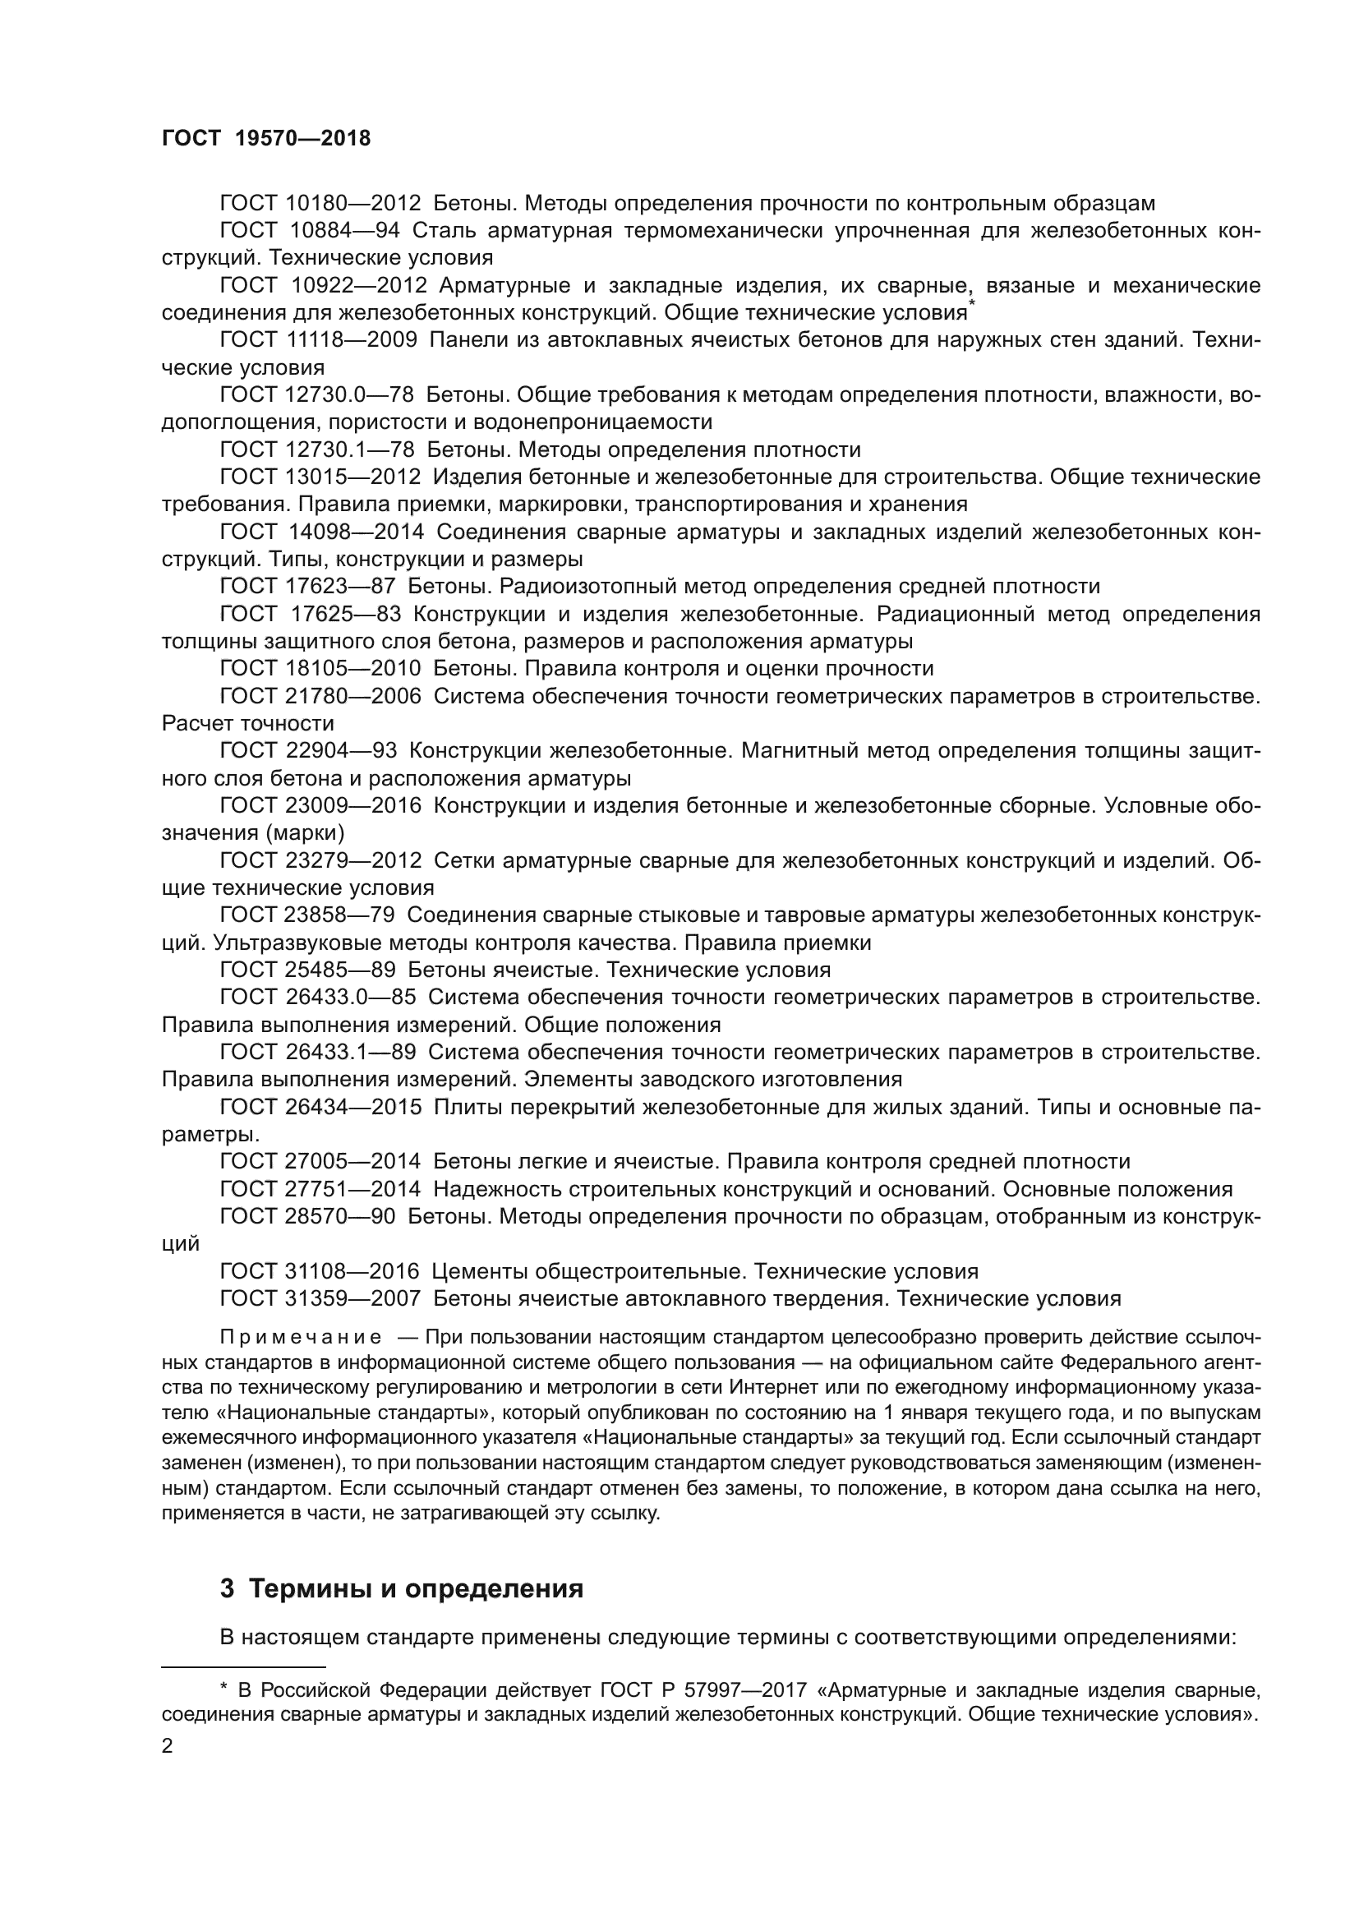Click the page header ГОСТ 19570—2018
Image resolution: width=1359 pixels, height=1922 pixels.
265,139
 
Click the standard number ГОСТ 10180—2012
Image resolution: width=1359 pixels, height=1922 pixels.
320,204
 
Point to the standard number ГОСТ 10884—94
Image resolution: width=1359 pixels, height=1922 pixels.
310,230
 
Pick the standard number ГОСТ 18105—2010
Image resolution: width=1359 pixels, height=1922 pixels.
320,668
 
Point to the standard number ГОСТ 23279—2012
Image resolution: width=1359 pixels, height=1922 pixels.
320,860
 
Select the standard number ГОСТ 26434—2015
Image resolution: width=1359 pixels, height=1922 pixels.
320,1108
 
